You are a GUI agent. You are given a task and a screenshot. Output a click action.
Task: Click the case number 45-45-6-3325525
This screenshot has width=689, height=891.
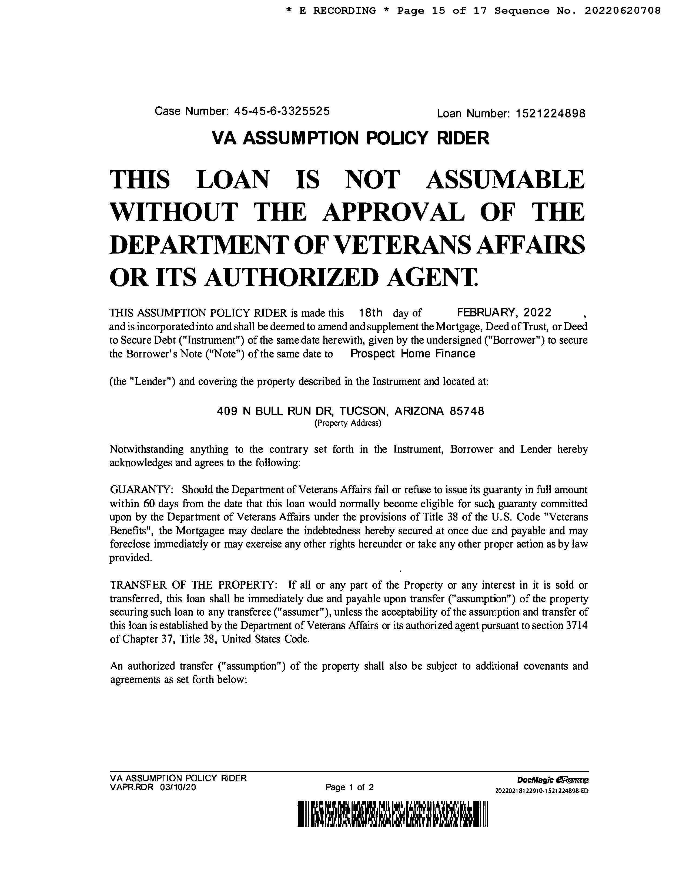[x=282, y=111]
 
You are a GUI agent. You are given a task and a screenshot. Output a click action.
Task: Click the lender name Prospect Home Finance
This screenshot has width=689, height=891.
[x=413, y=354]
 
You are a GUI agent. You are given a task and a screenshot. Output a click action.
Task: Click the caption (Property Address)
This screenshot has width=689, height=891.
[x=347, y=423]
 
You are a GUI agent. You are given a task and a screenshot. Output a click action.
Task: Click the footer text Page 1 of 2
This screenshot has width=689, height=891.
[x=349, y=787]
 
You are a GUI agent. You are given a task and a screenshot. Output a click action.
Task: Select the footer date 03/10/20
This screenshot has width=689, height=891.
[x=178, y=787]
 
